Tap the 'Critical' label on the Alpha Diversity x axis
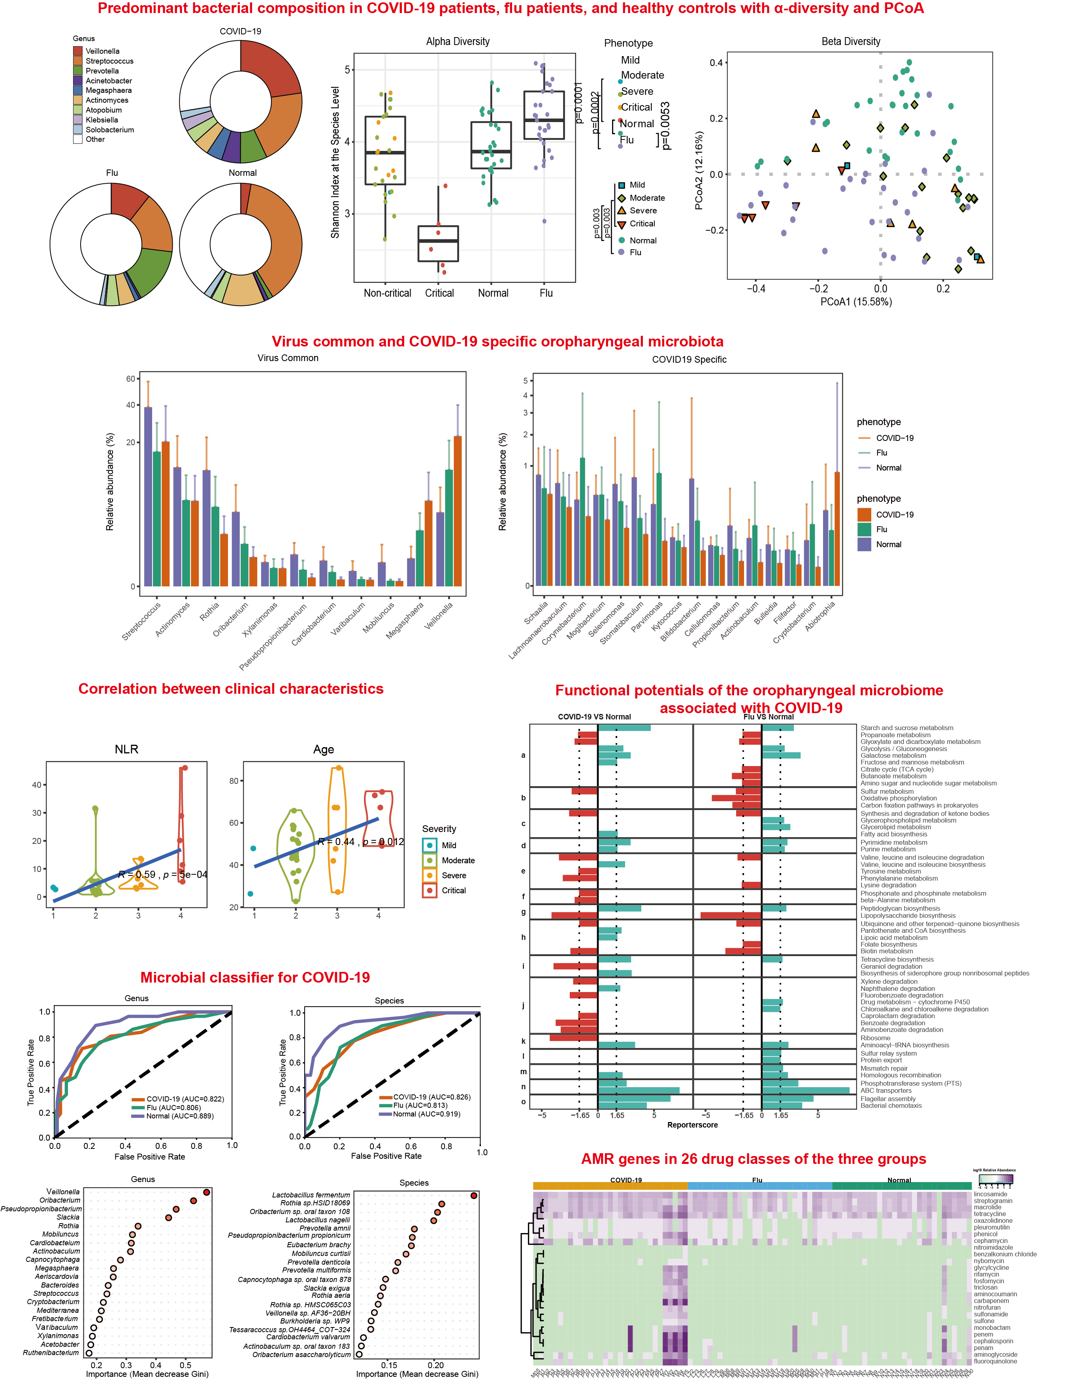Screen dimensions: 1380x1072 (439, 293)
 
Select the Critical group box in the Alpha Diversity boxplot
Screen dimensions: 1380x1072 (438, 243)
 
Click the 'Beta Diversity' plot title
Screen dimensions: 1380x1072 (851, 42)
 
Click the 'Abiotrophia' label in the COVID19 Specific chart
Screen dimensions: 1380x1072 (820, 615)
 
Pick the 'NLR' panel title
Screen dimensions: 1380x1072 (126, 749)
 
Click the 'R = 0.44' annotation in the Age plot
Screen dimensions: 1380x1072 (336, 842)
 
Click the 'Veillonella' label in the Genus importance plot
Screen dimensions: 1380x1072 (62, 1192)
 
